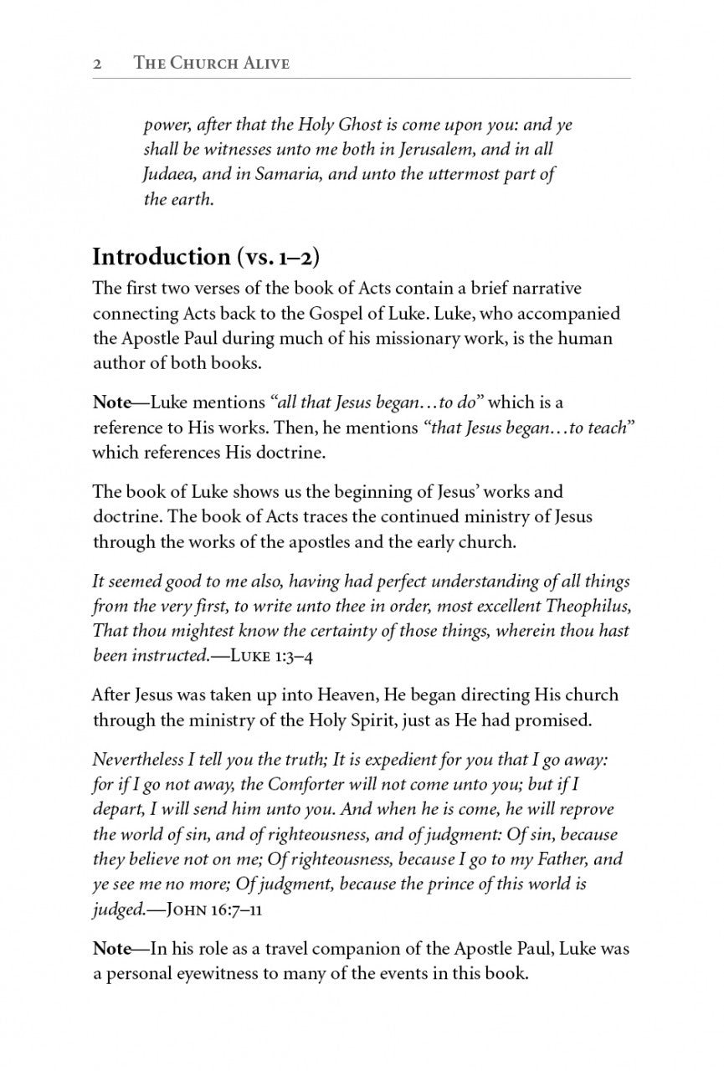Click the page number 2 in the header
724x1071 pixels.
97,64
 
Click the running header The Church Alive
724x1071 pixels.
212,64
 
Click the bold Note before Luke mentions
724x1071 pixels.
112,402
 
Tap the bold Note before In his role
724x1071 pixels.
112,950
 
